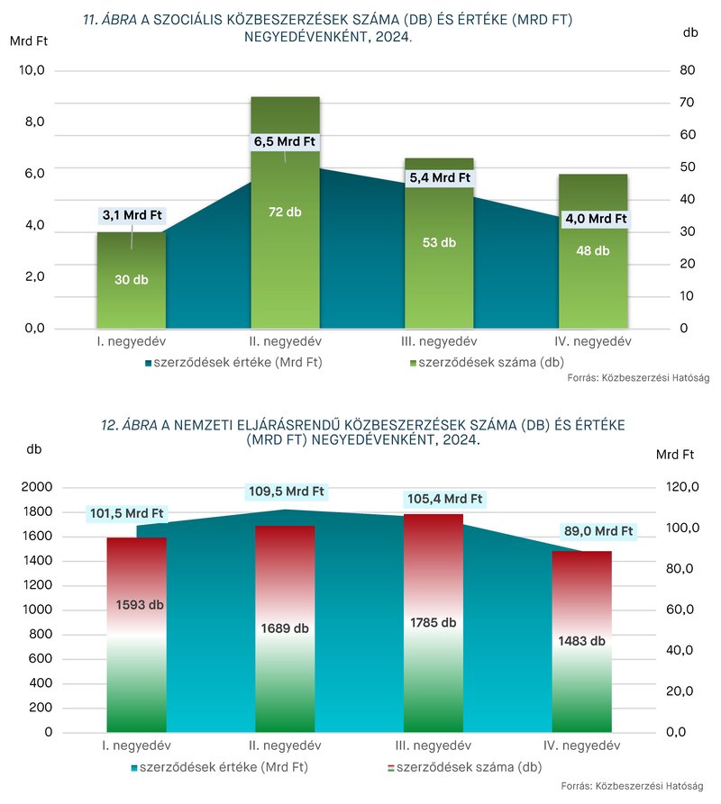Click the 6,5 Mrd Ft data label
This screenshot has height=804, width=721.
click(x=285, y=141)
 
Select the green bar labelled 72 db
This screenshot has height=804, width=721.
click(x=286, y=212)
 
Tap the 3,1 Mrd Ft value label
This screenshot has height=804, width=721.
click(x=132, y=215)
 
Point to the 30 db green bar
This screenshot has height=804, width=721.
click(x=132, y=280)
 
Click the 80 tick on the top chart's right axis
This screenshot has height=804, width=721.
click(x=687, y=70)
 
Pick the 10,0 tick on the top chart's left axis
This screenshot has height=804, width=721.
click(x=32, y=70)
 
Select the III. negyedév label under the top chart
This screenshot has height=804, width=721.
click(x=439, y=341)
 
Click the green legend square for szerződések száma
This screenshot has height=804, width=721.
click(x=413, y=364)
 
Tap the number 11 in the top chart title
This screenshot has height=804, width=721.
click(x=90, y=20)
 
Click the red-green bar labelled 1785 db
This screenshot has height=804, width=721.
click(x=434, y=623)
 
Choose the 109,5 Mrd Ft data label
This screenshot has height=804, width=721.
click(x=287, y=492)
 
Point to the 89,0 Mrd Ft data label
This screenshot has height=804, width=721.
click(x=598, y=530)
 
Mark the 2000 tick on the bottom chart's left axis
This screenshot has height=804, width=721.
click(x=36, y=486)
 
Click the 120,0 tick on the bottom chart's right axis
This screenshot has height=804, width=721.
click(x=682, y=486)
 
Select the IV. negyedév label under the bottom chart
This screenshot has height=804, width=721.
click(x=581, y=745)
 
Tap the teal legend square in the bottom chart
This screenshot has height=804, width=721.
click(x=134, y=768)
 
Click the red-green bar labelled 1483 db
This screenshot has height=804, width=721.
click(x=581, y=641)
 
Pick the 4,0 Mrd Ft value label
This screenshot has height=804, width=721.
click(x=596, y=219)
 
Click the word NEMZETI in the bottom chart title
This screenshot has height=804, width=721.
click(x=205, y=426)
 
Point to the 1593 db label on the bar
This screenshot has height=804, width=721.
click(x=140, y=605)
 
